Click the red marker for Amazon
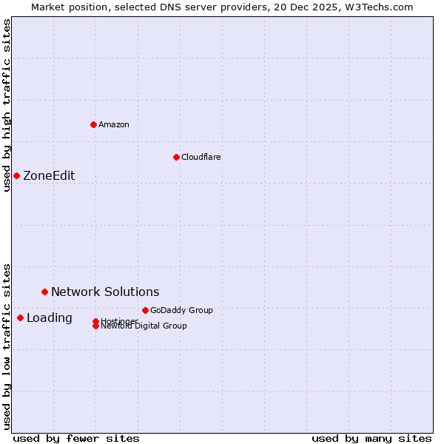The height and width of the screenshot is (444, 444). pyautogui.click(x=93, y=124)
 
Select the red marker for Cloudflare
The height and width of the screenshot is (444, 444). pyautogui.click(x=176, y=157)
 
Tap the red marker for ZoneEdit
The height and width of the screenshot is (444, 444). pyautogui.click(x=16, y=175)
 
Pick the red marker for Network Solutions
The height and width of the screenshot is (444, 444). pyautogui.click(x=44, y=292)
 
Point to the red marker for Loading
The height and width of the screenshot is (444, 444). pyautogui.click(x=20, y=317)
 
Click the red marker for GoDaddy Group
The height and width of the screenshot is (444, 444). pyautogui.click(x=145, y=310)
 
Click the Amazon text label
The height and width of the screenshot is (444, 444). pyautogui.click(x=114, y=124)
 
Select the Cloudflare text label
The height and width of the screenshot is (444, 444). pyautogui.click(x=201, y=157)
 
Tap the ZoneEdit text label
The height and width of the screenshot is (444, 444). pyautogui.click(x=49, y=175)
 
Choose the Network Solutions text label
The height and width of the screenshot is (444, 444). pyautogui.click(x=105, y=292)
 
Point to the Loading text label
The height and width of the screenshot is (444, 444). pyautogui.click(x=50, y=317)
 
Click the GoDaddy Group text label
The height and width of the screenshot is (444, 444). pyautogui.click(x=181, y=310)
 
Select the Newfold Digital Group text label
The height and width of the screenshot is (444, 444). pyautogui.click(x=144, y=326)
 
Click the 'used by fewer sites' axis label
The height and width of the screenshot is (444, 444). pyautogui.click(x=76, y=438)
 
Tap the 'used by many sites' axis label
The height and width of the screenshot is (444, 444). pyautogui.click(x=371, y=438)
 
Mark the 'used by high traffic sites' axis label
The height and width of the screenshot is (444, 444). pyautogui.click(x=7, y=105)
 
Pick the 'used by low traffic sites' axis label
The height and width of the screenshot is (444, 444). pyautogui.click(x=7, y=346)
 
